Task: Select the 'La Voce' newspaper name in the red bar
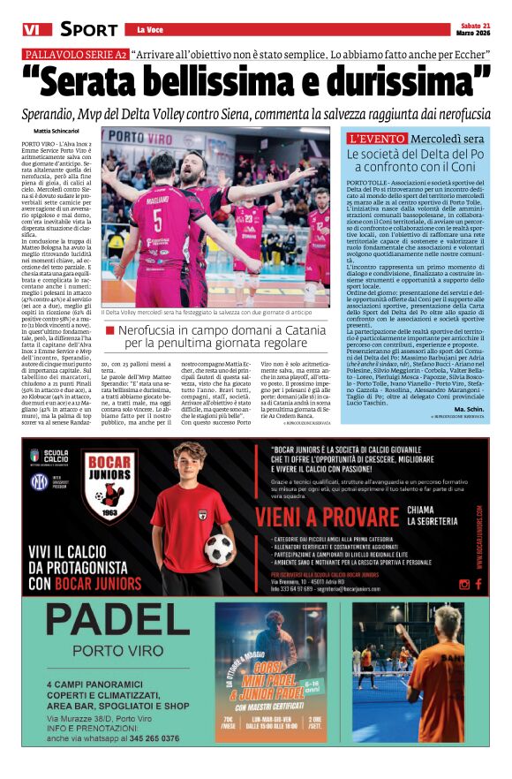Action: click(x=151, y=30)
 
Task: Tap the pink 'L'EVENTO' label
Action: click(x=377, y=139)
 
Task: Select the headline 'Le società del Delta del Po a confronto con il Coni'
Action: click(x=417, y=160)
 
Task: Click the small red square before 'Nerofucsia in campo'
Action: click(x=109, y=329)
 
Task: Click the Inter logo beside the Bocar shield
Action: click(x=39, y=482)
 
